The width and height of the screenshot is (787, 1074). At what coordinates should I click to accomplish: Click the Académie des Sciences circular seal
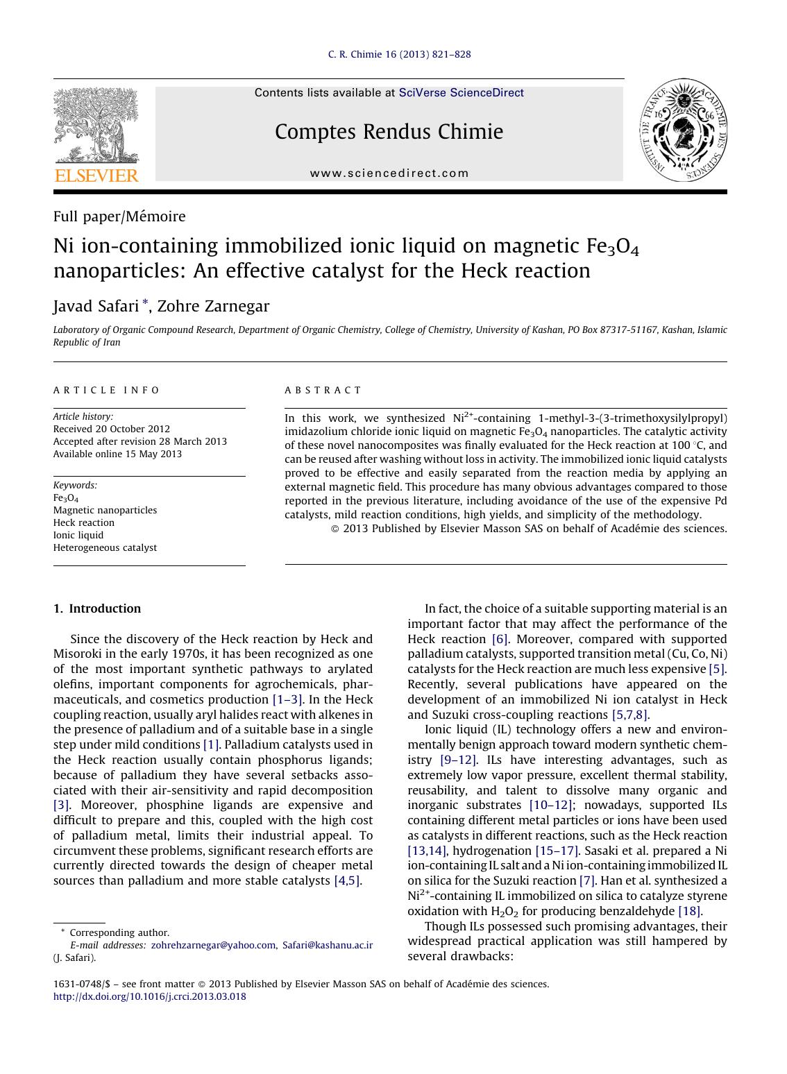coord(683,130)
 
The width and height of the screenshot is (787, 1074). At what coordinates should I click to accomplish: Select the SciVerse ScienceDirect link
coord(461,93)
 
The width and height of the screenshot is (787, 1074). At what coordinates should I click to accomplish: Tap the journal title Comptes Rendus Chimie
coord(389,132)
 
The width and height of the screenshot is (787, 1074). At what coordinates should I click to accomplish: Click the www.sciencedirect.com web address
coord(389,173)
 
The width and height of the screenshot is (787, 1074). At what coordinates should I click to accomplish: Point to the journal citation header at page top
coord(399,54)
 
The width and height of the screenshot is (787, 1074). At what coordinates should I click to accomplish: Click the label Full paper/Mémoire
coord(119,216)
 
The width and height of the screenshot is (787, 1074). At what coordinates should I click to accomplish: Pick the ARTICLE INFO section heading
coord(107,391)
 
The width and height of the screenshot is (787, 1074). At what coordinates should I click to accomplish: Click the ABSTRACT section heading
coord(323,391)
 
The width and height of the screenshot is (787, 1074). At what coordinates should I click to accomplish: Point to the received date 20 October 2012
coord(111,429)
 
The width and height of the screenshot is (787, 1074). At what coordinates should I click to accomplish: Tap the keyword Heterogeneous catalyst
coord(105,547)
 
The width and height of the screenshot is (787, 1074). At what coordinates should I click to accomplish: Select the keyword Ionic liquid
coord(78,535)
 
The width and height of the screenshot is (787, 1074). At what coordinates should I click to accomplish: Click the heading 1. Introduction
coord(97,608)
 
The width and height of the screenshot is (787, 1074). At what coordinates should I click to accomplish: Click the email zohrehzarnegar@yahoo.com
coord(213,945)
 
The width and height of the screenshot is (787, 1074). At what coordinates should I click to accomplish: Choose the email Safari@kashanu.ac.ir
coord(328,945)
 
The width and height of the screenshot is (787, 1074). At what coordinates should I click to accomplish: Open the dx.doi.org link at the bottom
coord(149,996)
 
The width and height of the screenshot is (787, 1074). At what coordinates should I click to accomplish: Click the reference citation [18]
coord(689,911)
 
